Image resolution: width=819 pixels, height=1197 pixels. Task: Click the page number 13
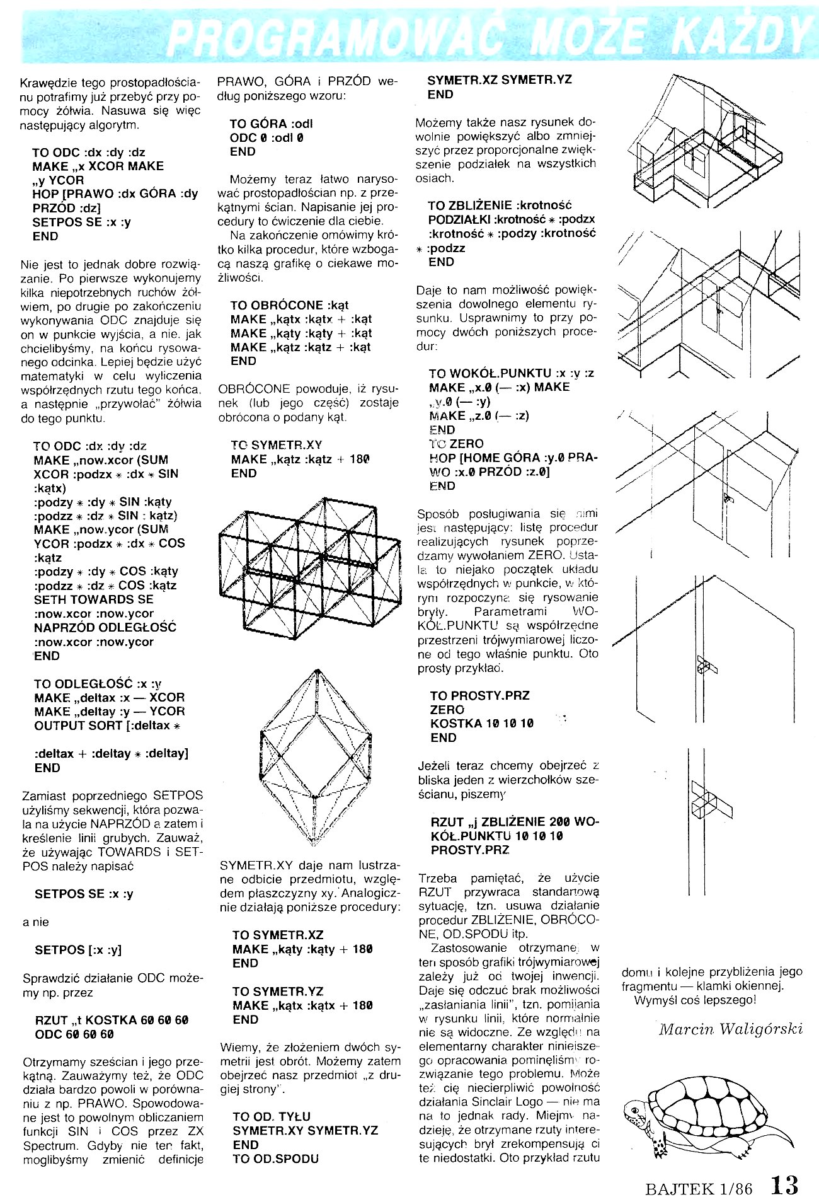coord(784,1183)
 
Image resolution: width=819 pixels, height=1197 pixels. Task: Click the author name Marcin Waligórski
coord(731,1029)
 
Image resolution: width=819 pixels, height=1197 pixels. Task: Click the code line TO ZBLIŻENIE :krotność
coord(500,205)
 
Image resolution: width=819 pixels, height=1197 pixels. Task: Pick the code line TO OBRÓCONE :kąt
coord(290,305)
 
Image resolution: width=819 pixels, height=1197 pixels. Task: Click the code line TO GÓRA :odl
coord(271,124)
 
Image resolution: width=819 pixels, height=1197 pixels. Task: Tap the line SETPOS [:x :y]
coord(78,950)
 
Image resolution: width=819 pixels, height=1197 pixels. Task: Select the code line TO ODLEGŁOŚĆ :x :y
coord(98,683)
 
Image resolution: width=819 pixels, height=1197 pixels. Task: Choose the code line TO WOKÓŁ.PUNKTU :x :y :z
coord(511,373)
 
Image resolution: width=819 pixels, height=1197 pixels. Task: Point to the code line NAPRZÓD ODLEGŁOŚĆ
coord(105,627)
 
